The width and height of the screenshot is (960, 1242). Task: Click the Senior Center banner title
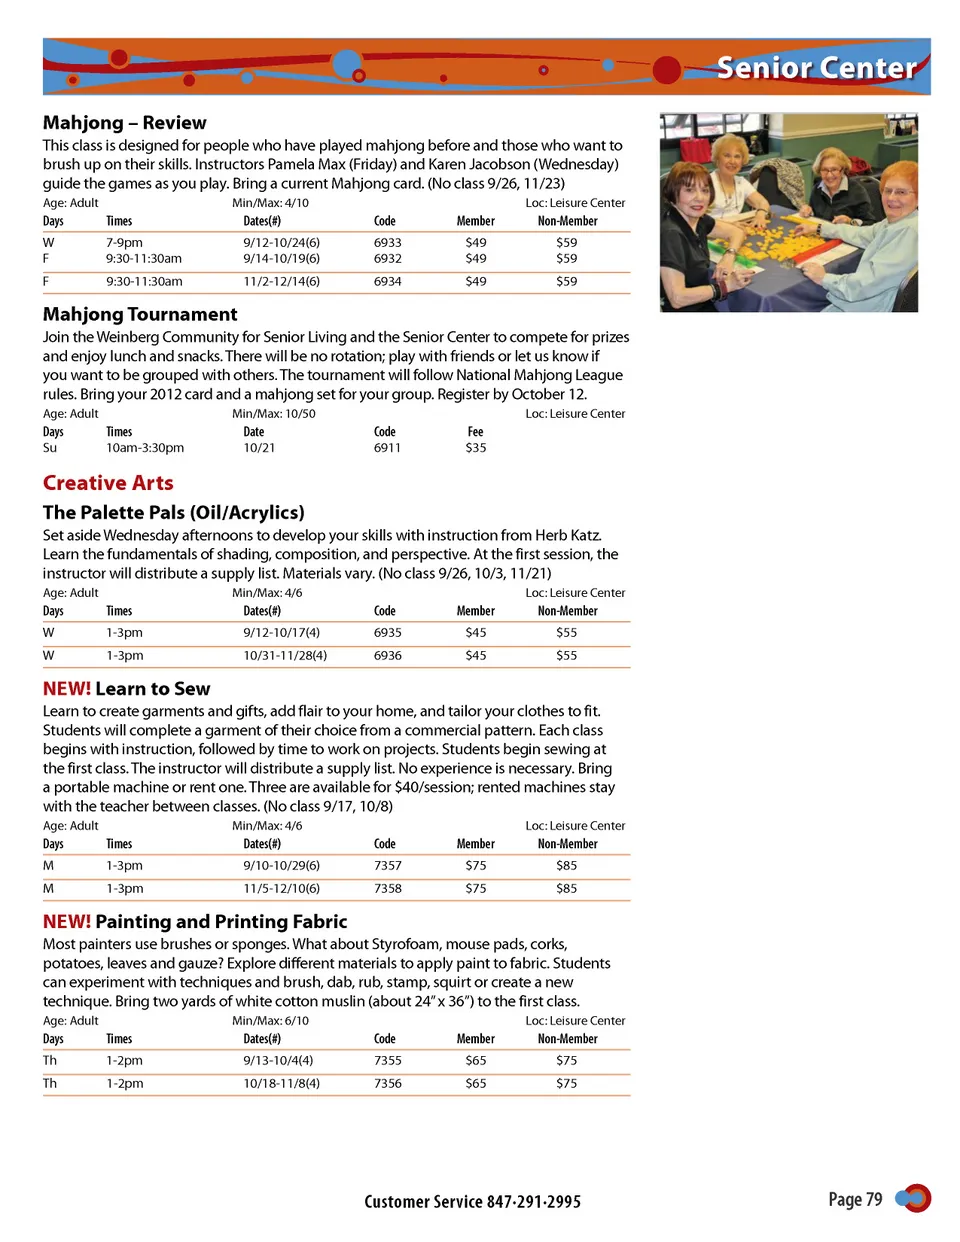816,68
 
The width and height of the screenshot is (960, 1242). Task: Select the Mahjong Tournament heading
140,314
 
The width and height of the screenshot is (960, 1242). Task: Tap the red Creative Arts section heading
108,483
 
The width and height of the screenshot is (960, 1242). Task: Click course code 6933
387,243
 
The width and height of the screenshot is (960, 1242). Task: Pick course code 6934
387,282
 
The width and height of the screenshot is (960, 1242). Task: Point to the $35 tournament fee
475,448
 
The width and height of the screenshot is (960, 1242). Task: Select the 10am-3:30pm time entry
145,448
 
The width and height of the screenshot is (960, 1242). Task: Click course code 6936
387,656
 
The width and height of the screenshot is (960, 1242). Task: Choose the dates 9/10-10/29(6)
281,866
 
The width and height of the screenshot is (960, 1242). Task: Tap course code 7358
387,889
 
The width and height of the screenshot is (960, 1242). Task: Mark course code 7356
387,1084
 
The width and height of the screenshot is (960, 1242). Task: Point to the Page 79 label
855,1199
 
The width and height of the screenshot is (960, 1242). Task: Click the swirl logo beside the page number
914,1198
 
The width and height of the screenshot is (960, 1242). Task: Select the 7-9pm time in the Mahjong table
124,243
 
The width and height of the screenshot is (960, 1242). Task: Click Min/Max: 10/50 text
273,414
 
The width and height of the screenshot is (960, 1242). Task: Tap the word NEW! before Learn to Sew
67,689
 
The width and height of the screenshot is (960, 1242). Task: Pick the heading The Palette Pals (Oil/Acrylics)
173,513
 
